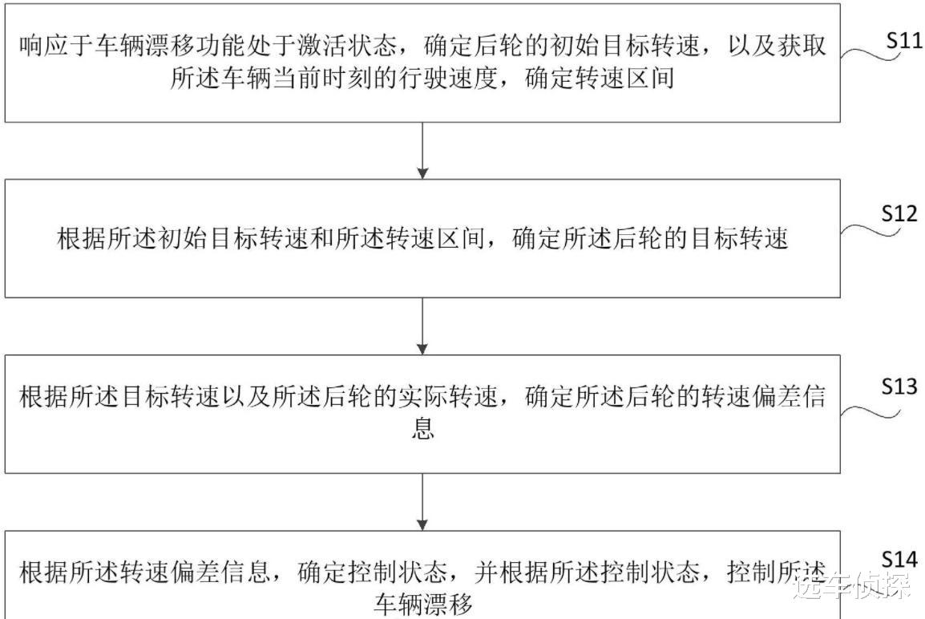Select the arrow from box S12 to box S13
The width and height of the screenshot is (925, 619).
[x=422, y=326]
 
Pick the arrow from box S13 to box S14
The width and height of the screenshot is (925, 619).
[x=422, y=501]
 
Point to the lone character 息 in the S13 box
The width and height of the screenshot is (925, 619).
[x=422, y=429]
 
